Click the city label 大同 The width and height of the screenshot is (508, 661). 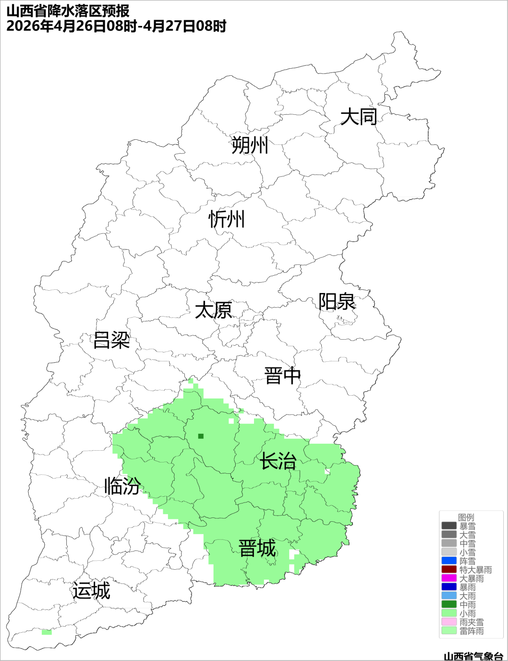(359, 117)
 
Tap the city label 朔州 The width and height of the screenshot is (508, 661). (250, 145)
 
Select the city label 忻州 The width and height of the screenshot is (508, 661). (227, 219)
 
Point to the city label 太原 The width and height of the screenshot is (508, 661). (214, 311)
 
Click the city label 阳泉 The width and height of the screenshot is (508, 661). (337, 302)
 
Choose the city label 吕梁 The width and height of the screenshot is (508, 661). (111, 340)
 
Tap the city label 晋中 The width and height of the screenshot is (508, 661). (282, 376)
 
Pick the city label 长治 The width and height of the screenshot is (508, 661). (278, 461)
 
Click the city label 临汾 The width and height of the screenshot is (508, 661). (122, 486)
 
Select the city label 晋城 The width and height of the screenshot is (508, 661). (257, 549)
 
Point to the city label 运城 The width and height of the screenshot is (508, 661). (91, 591)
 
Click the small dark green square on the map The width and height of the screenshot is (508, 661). (201, 436)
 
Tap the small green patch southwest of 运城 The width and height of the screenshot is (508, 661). (47, 632)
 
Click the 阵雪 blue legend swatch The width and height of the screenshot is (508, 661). (449, 561)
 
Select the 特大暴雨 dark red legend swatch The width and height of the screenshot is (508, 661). (449, 569)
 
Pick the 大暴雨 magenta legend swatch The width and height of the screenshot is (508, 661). (449, 578)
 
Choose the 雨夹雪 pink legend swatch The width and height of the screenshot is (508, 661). (449, 622)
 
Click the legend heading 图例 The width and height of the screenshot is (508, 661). (466, 518)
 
